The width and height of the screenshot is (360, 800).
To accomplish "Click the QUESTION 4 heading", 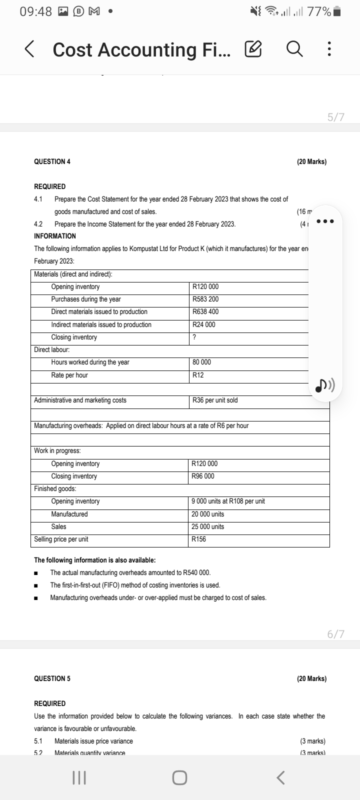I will [52, 161].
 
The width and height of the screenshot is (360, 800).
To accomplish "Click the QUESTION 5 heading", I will [52, 678].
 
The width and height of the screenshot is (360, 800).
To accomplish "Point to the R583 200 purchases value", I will [205, 299].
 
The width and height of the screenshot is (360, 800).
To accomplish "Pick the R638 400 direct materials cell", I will [205, 311].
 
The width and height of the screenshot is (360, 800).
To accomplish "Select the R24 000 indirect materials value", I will [204, 324].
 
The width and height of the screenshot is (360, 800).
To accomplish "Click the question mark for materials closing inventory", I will [194, 337].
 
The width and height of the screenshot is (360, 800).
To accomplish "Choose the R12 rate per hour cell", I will [198, 375].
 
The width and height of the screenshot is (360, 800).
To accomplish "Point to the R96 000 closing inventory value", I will [203, 476].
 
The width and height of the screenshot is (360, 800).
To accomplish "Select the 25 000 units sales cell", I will [208, 526].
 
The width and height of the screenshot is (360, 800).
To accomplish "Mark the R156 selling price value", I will [199, 539].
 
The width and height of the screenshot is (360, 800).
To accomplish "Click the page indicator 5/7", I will [336, 117].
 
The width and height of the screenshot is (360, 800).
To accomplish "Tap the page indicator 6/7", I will [336, 634].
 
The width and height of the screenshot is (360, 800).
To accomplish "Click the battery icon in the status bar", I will [337, 12].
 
